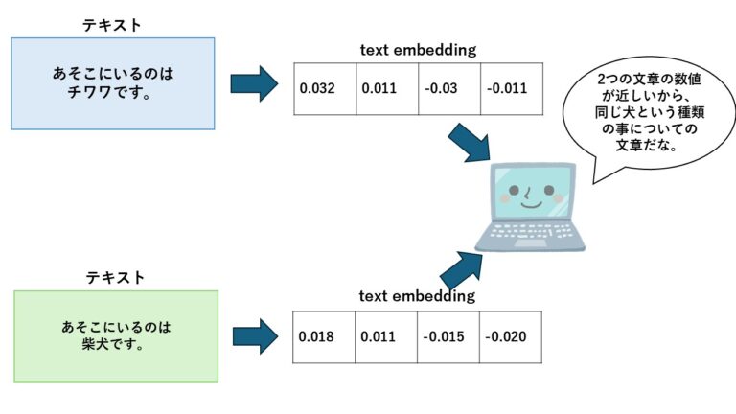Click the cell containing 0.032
click(324, 89)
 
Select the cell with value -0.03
click(448, 89)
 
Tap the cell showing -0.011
click(511, 89)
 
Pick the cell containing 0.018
click(324, 337)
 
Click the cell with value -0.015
click(448, 337)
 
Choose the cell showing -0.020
click(511, 337)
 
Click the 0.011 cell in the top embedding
click(386, 89)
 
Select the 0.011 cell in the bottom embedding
click(386, 337)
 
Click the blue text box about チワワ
click(113, 83)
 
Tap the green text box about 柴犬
click(116, 336)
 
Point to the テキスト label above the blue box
click(114, 25)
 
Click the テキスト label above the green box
click(116, 277)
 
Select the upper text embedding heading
click(418, 50)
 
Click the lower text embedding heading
click(417, 297)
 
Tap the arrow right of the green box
click(254, 336)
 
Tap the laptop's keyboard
click(532, 233)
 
